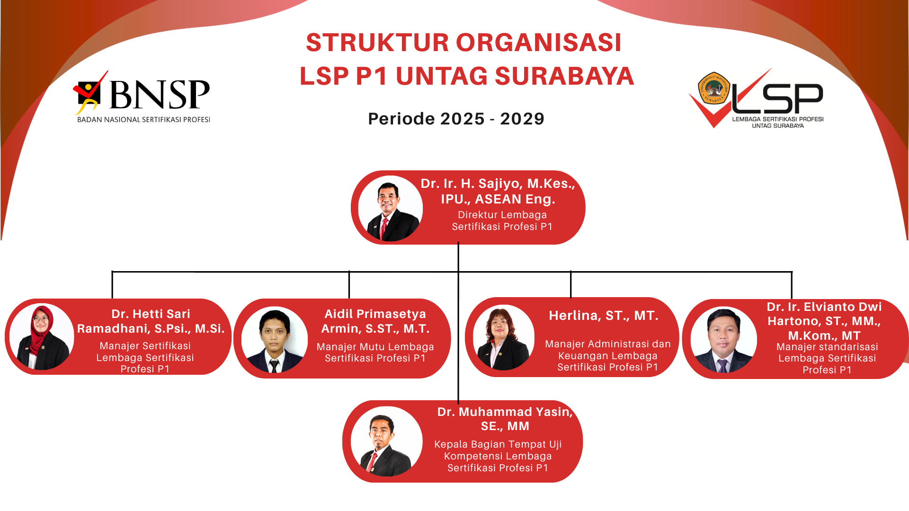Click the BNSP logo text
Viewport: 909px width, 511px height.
[x=160, y=94]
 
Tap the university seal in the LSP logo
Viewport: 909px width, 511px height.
[x=714, y=88]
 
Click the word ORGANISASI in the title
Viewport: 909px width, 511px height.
[x=539, y=43]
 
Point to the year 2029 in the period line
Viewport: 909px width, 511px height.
[x=522, y=119]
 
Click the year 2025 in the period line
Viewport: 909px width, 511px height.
[x=463, y=119]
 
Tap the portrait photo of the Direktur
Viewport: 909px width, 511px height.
[x=391, y=208]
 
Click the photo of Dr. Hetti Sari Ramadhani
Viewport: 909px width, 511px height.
[x=42, y=337]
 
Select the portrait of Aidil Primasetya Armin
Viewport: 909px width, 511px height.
[x=275, y=340]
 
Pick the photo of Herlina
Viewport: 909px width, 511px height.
[x=504, y=338]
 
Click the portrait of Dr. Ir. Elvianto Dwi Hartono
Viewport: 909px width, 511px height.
[x=723, y=340]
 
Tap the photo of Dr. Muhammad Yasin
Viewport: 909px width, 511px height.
[x=387, y=441]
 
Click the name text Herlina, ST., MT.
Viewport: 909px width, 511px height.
[x=604, y=316]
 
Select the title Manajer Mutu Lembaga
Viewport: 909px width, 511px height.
[x=375, y=347]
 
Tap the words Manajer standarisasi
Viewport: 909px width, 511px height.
[x=827, y=347]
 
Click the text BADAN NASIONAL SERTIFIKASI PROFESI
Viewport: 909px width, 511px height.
[x=143, y=120]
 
